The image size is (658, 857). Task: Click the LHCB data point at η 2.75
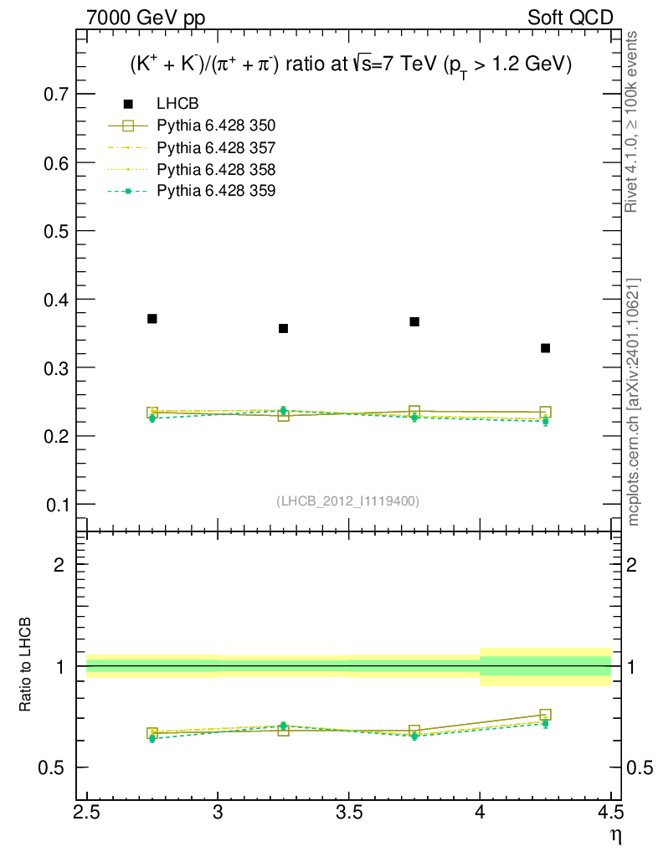[152, 319]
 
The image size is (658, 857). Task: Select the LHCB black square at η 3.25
[283, 328]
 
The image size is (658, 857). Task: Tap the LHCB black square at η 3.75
[414, 321]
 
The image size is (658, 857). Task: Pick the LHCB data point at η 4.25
[545, 348]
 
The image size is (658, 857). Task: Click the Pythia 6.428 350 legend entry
[216, 126]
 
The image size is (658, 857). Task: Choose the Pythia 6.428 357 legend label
[216, 148]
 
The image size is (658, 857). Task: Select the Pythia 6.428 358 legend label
[216, 170]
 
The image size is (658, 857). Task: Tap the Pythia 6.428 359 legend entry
[216, 192]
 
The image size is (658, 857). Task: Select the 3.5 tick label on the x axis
[348, 812]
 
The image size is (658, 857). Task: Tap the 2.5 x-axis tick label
[87, 812]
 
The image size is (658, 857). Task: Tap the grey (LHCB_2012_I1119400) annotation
[347, 501]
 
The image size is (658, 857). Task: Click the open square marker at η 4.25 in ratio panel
[545, 715]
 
